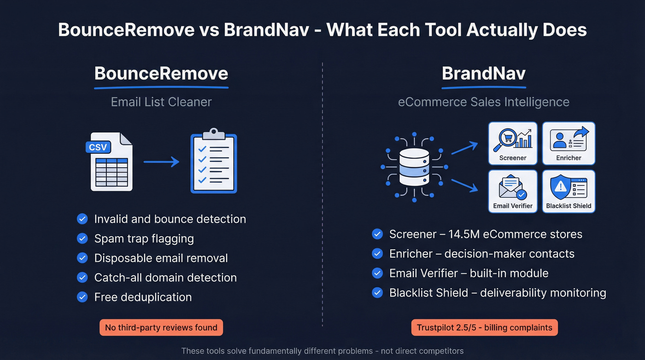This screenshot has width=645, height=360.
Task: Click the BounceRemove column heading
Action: (x=161, y=74)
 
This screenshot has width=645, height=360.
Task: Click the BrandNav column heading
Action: (x=483, y=74)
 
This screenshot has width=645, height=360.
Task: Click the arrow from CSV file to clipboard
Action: (x=161, y=162)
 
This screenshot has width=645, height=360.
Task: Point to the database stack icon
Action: (x=414, y=166)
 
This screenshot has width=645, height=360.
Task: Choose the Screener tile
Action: (x=513, y=143)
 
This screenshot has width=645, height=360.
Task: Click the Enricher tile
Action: (x=569, y=143)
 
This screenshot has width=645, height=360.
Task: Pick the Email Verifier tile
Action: (x=513, y=191)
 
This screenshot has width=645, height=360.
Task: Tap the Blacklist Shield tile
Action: (x=569, y=191)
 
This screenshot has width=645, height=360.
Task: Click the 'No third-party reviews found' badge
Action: (x=161, y=328)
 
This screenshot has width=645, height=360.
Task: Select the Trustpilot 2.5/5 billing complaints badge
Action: (x=484, y=328)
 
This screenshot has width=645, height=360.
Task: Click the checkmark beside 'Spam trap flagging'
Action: (x=82, y=238)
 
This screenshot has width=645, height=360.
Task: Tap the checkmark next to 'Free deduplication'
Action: (x=82, y=297)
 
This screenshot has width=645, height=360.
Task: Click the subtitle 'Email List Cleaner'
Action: (x=161, y=102)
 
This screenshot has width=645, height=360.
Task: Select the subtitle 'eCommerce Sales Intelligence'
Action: (x=483, y=102)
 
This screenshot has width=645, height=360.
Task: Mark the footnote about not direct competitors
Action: (x=322, y=351)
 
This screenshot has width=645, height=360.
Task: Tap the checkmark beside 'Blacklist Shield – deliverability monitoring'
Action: (x=377, y=293)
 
